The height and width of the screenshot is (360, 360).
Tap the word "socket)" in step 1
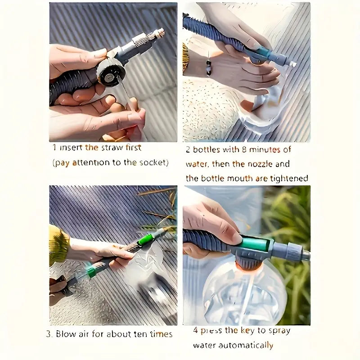click(x=153, y=162)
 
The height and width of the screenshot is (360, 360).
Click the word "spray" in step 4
click(x=279, y=331)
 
